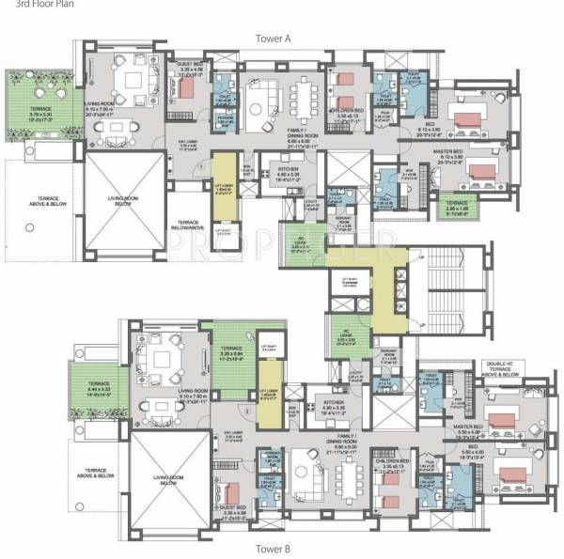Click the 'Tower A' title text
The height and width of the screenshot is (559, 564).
(280, 38)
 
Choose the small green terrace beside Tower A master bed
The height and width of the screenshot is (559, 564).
(459, 208)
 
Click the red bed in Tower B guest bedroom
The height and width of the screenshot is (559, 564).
(229, 494)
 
